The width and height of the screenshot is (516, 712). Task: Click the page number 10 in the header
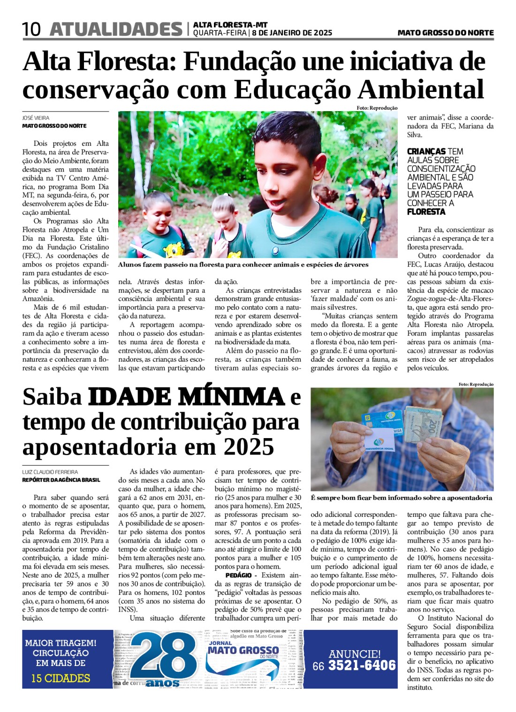coord(31,30)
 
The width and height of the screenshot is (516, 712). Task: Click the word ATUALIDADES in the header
coord(116,30)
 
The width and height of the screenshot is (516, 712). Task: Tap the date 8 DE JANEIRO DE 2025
coord(292,33)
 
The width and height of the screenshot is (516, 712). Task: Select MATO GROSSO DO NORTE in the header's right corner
coord(445,33)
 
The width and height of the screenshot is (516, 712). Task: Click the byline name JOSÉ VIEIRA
coord(36,118)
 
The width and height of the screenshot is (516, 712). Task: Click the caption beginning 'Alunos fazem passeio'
coord(243,265)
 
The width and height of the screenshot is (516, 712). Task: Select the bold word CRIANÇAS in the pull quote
coord(426,151)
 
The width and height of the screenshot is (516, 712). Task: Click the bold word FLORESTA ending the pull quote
coord(426,212)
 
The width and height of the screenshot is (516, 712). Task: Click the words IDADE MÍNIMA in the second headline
coord(186,397)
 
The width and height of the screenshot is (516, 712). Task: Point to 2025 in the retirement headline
coord(249,447)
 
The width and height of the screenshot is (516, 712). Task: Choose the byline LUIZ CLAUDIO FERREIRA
coord(50,472)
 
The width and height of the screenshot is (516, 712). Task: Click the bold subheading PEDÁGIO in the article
coord(238,575)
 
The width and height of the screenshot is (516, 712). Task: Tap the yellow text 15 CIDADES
coord(61,678)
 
